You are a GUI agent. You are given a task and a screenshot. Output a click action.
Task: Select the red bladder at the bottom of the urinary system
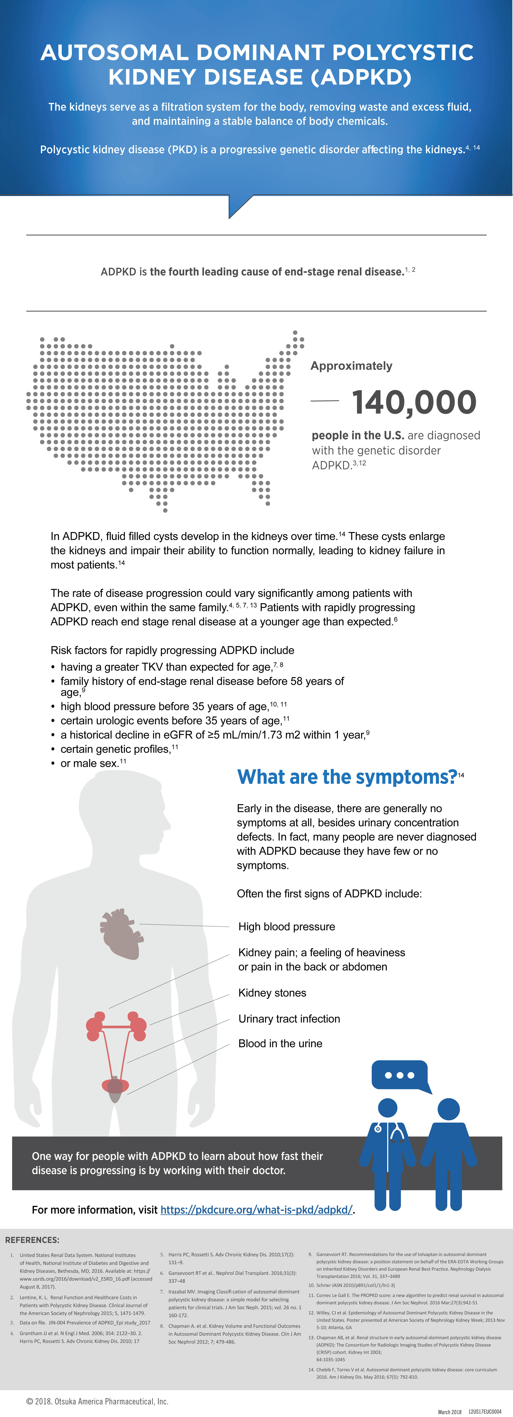click(x=116, y=1086)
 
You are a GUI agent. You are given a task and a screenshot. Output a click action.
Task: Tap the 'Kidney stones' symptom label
click(x=272, y=993)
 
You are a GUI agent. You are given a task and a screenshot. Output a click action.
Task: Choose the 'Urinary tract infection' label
click(x=289, y=1019)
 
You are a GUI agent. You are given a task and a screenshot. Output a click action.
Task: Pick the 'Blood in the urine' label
click(x=280, y=1043)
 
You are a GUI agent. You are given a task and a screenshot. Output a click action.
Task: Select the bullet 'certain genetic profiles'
click(x=116, y=749)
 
